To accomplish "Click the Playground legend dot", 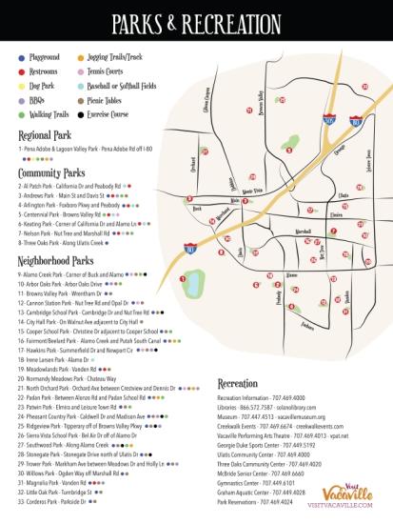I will (x=21, y=57).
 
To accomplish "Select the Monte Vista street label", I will (x=252, y=190).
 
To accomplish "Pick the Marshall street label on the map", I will (x=304, y=231).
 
